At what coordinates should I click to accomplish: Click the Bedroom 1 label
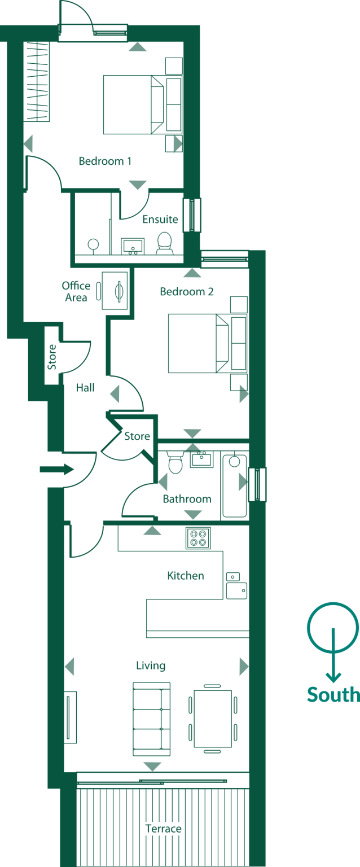click(x=105, y=161)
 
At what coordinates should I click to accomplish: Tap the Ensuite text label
click(x=160, y=219)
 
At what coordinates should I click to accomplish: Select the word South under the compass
click(x=333, y=694)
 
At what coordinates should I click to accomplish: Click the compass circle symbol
click(x=333, y=627)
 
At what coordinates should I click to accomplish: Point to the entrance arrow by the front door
click(x=57, y=468)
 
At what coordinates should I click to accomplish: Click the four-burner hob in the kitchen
click(x=198, y=537)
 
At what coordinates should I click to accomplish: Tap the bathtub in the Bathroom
click(x=235, y=485)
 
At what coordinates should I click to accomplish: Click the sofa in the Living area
click(x=151, y=719)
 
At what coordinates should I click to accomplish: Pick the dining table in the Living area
click(x=213, y=719)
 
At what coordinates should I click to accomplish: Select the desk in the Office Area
click(x=115, y=290)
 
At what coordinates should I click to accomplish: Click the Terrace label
click(x=163, y=829)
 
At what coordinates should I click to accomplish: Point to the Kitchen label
click(x=186, y=576)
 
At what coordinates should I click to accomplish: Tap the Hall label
click(x=85, y=388)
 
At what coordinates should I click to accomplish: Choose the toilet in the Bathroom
click(x=175, y=463)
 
